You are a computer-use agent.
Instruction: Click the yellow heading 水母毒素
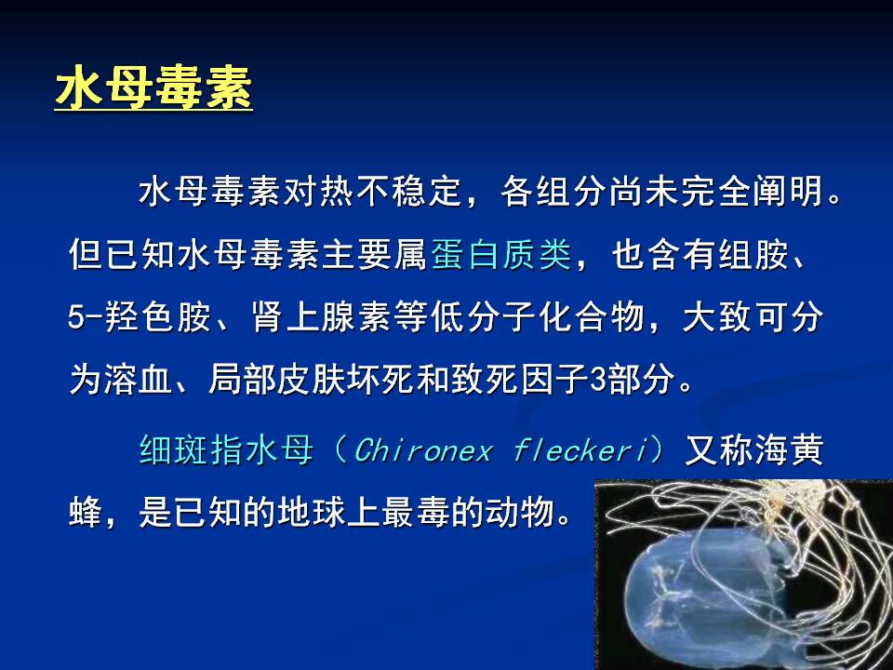(x=153, y=88)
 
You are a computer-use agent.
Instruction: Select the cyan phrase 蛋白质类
(x=501, y=254)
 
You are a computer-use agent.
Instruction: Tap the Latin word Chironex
(x=423, y=450)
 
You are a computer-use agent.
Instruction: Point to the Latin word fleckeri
(x=580, y=450)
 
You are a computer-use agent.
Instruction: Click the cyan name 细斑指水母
(x=226, y=450)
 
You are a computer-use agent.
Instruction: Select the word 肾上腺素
(x=321, y=316)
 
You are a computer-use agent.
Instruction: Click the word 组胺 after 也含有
(x=753, y=254)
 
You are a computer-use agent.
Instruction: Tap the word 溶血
(x=139, y=379)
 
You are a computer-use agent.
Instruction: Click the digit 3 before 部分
(x=598, y=380)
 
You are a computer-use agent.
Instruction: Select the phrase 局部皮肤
(x=277, y=379)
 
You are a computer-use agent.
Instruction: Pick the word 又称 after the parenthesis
(x=719, y=450)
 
